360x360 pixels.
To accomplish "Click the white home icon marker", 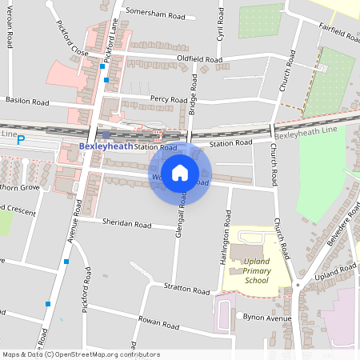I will [x=180, y=172].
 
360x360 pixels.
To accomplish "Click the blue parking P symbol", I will [x=22, y=140].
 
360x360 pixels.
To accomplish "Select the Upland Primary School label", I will [x=257, y=275].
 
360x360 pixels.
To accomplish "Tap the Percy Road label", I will [x=168, y=99].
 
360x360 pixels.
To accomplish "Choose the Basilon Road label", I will [x=27, y=102].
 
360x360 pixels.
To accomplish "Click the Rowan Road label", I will [x=158, y=326].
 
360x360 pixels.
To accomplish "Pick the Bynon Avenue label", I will [x=268, y=318].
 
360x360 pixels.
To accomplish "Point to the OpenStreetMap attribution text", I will [x=81, y=354].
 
